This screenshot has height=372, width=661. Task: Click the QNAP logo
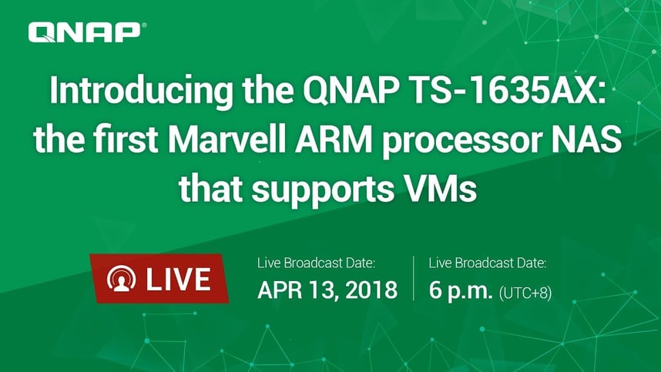87,32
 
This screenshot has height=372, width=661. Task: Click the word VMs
436,189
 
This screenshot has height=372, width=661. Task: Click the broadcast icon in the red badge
122,279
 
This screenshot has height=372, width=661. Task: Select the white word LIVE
178,279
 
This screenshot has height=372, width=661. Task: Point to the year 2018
371,290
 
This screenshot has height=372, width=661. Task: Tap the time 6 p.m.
461,290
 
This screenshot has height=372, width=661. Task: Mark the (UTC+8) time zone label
525,293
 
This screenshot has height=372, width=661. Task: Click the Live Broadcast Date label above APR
316,263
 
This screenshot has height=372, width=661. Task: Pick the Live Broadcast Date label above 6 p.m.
488,263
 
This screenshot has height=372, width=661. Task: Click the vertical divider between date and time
413,278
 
